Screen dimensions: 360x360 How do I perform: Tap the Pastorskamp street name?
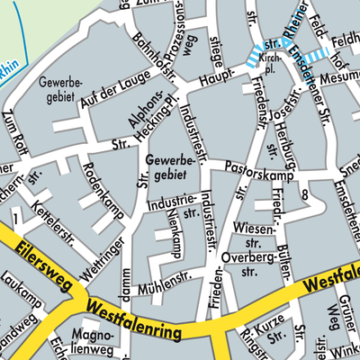coord(253,165)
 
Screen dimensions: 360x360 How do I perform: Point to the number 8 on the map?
coord(306,194)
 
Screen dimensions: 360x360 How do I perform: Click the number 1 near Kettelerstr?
coord(16,218)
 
